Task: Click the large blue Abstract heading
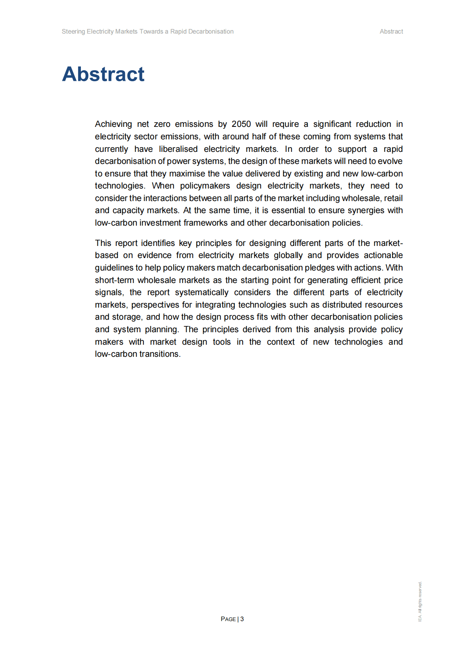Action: click(103, 74)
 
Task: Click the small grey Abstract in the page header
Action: click(391, 32)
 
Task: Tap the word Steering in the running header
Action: click(73, 32)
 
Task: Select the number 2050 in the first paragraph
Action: click(241, 124)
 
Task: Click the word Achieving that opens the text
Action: click(113, 124)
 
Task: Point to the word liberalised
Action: click(178, 149)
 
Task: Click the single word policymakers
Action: click(205, 186)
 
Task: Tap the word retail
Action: click(393, 198)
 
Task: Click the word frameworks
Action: click(206, 223)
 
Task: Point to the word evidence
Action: click(154, 255)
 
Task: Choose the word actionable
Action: click(383, 255)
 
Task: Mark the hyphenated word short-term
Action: click(114, 280)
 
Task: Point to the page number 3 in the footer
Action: click(242, 619)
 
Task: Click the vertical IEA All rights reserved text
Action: click(420, 602)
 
